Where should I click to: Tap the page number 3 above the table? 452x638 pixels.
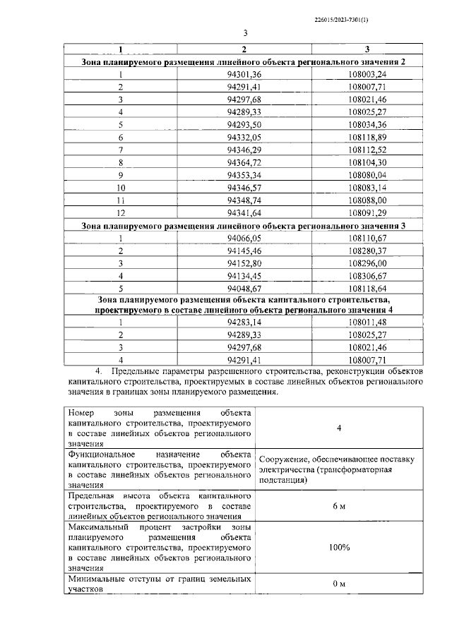point(244,34)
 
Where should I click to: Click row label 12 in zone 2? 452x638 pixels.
point(121,212)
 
